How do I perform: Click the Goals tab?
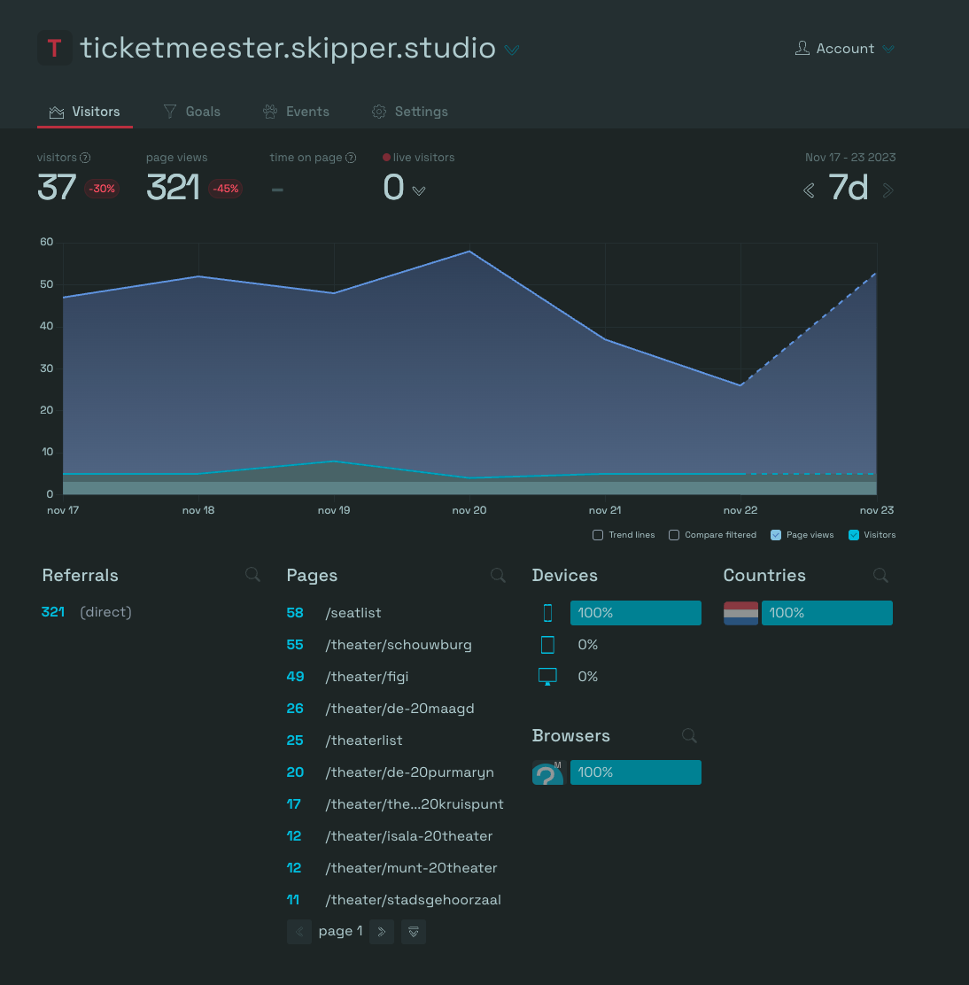point(191,112)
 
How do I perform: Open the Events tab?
point(296,112)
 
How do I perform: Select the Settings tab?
point(409,112)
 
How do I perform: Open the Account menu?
point(845,49)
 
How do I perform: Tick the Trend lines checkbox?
point(598,535)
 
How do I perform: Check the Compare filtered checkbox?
point(674,535)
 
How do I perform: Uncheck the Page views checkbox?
point(776,535)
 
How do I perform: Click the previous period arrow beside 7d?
point(809,190)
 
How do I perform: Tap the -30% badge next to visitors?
point(102,189)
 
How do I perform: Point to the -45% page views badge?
point(226,189)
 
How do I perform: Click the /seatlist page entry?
point(353,613)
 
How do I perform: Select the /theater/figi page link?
point(367,677)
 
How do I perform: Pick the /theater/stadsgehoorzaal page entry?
point(414,900)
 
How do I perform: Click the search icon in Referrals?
point(252,575)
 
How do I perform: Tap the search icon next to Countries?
point(880,576)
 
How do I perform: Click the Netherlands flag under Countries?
point(741,613)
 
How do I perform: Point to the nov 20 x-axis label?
point(469,510)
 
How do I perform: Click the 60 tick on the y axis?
point(46,242)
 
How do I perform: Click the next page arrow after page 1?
point(381,932)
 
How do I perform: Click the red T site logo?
point(55,48)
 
